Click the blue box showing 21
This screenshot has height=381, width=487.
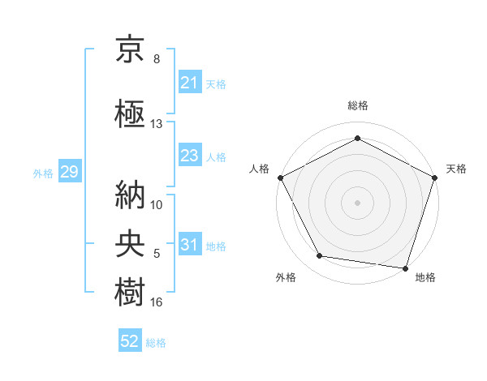pyautogui.click(x=190, y=83)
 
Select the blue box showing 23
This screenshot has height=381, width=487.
pyautogui.click(x=190, y=156)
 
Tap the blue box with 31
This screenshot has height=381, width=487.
pyautogui.click(x=190, y=246)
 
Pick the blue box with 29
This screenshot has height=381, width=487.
pyautogui.click(x=69, y=173)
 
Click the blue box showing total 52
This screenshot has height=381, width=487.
pyautogui.click(x=130, y=342)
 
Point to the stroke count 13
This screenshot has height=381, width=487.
pyautogui.click(x=157, y=124)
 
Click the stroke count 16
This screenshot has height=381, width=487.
pyautogui.click(x=157, y=302)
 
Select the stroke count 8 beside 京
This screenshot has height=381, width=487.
pyautogui.click(x=157, y=59)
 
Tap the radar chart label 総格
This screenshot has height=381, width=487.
pyautogui.click(x=358, y=105)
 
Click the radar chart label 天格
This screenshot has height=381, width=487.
pyautogui.click(x=457, y=169)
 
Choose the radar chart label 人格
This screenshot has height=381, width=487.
pyautogui.click(x=260, y=169)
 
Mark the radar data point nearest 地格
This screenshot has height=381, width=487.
pyautogui.click(x=405, y=268)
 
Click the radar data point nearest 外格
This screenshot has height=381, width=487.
pyautogui.click(x=320, y=256)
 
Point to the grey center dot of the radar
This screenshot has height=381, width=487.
pyautogui.click(x=357, y=202)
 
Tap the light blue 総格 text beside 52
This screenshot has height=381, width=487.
pyautogui.click(x=157, y=343)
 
